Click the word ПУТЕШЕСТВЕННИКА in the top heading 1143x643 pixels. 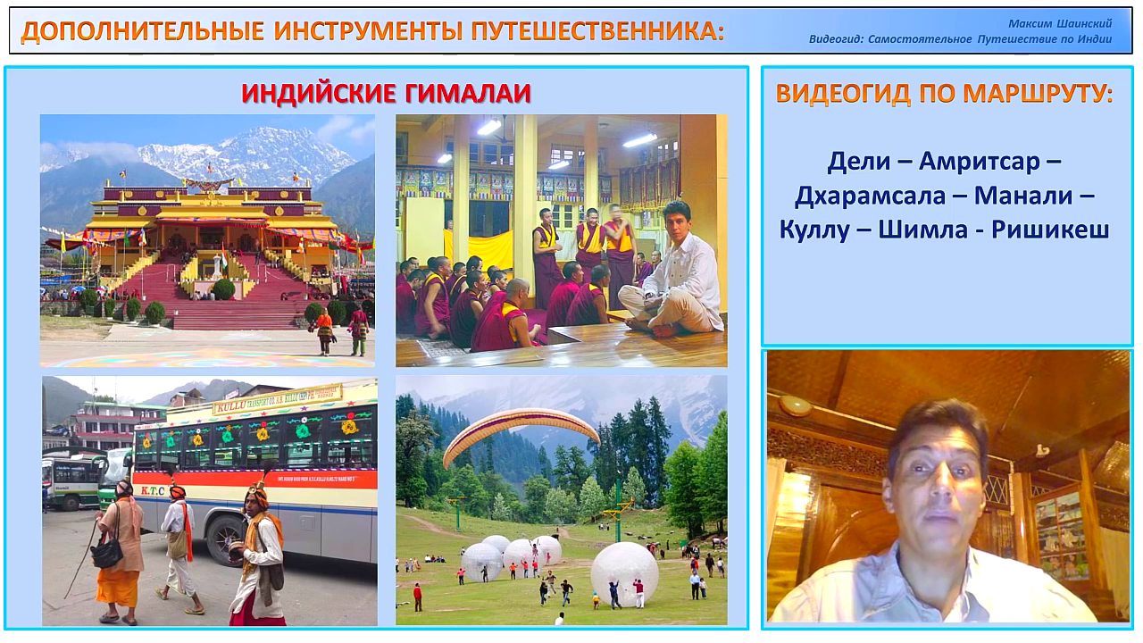[x=597, y=30]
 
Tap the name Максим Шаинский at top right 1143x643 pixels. [x=1060, y=23]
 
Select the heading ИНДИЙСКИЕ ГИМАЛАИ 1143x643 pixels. [x=387, y=94]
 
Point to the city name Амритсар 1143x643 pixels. [x=980, y=162]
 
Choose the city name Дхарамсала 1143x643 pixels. [x=870, y=196]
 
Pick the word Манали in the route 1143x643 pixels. [x=1023, y=196]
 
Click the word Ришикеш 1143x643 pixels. [x=1050, y=230]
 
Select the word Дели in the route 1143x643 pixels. [x=858, y=162]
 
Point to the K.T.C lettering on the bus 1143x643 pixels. [x=153, y=490]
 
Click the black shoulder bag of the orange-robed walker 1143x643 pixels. [x=106, y=553]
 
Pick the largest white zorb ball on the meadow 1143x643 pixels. [x=623, y=573]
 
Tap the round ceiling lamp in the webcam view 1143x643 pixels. [x=795, y=406]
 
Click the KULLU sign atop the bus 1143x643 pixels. [x=231, y=406]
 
